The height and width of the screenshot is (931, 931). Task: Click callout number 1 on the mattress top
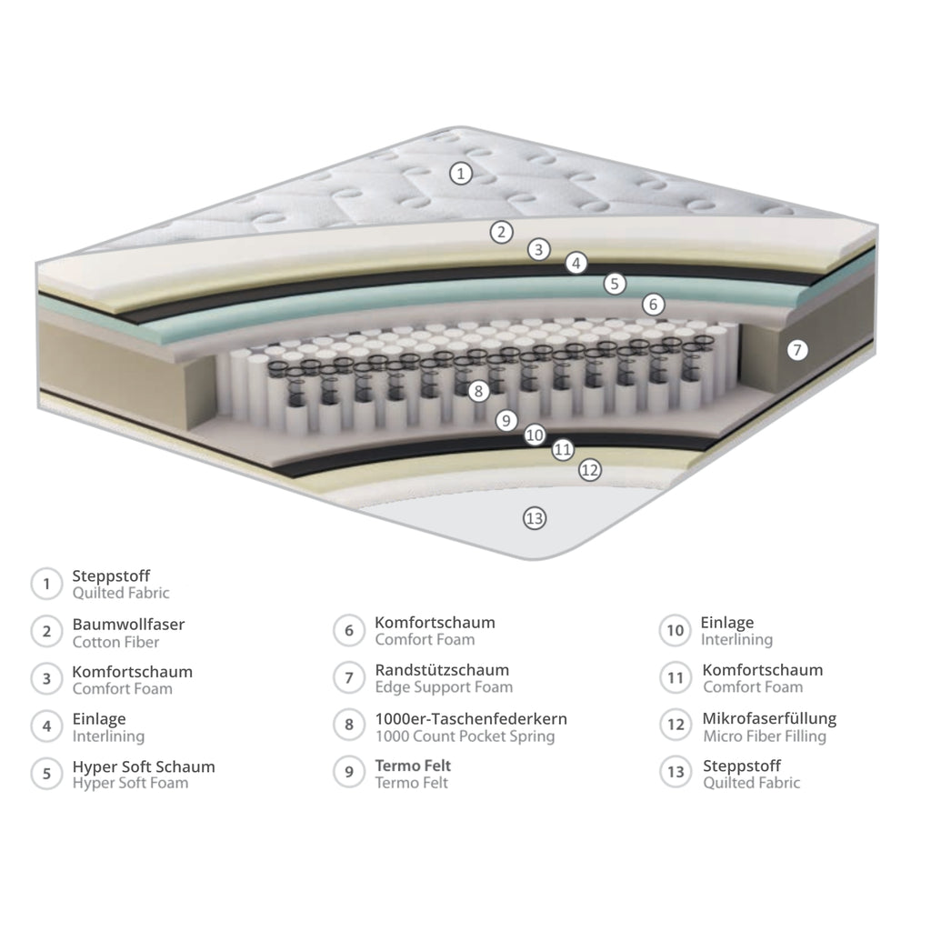pos(461,174)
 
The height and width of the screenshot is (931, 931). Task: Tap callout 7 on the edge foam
pos(797,350)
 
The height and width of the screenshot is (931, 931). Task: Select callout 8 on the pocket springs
pos(478,391)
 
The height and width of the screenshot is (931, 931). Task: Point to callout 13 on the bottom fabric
pos(535,518)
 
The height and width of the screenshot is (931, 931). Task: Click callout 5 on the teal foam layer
pos(615,284)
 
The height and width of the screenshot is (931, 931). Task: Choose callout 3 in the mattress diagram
pos(539,249)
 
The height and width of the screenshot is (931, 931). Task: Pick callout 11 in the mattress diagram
pos(563,449)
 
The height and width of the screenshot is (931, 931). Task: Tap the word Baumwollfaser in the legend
pos(128,625)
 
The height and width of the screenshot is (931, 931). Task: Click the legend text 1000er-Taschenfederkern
pos(471,719)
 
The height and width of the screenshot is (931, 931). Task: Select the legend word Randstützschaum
pos(442,670)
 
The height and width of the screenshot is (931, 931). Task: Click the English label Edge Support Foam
pos(444,687)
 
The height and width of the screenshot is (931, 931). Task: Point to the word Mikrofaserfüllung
pos(769,719)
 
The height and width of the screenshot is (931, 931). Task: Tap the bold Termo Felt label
pos(413,766)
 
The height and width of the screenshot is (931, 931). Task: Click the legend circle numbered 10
pos(676,631)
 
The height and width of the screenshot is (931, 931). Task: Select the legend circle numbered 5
pos(47,774)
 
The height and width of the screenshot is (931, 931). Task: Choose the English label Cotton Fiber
pos(115,643)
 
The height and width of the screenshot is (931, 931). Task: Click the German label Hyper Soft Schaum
pos(144,766)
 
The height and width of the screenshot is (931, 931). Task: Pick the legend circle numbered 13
pos(676,772)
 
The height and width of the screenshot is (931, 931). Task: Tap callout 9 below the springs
pos(506,421)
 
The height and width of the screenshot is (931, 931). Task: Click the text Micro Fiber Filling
pos(765,736)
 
